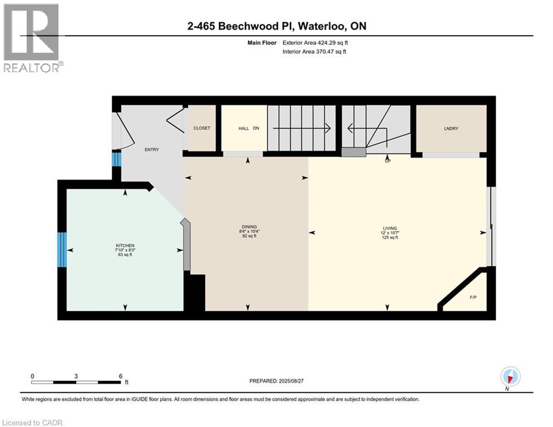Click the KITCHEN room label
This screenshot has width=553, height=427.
click(125, 246)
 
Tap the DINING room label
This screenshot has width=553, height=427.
click(249, 227)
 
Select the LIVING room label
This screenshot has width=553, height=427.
click(390, 228)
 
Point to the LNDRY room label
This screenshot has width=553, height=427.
click(450, 128)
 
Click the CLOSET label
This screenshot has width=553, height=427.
click(202, 128)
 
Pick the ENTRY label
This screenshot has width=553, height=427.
click(152, 150)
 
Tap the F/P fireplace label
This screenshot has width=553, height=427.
click(473, 297)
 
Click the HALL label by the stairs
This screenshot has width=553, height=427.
click(243, 128)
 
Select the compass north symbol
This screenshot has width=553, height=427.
click(510, 377)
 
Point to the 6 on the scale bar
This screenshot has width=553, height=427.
click(121, 376)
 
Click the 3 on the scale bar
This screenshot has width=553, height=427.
click(76, 376)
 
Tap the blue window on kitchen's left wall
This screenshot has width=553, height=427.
click(62, 250)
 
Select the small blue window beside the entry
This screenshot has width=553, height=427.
click(116, 160)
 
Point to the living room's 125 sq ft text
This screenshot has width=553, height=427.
click(390, 237)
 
